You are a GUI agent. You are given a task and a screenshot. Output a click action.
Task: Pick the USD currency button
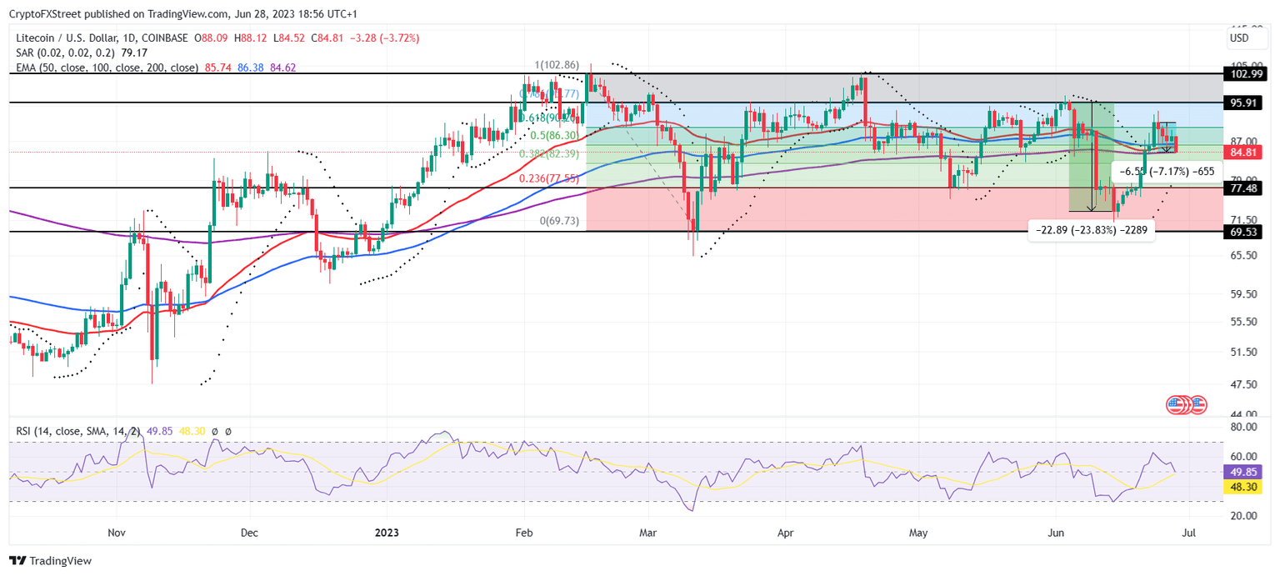(1239, 38)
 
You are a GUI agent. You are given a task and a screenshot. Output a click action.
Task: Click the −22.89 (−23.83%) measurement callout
(1092, 232)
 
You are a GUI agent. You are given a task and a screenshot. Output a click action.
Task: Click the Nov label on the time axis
(116, 531)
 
